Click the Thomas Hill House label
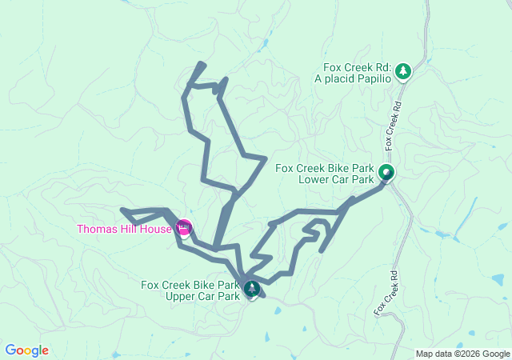point(124,230)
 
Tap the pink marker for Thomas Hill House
point(183,228)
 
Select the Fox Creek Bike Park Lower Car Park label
point(324,174)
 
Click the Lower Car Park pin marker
point(386,172)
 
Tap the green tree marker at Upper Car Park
point(252,288)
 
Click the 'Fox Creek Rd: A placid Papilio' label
point(357,73)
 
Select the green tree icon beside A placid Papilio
point(404,72)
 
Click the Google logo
point(27,350)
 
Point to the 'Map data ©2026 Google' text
point(462,354)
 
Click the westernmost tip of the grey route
point(122,210)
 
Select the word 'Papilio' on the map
point(372,78)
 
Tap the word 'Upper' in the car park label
point(181,296)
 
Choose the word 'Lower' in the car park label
point(314,179)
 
